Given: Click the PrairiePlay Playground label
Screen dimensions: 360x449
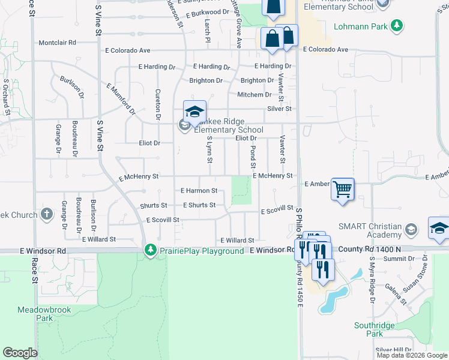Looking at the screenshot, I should (x=201, y=251).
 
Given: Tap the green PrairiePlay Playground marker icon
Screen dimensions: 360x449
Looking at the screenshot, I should (x=150, y=250).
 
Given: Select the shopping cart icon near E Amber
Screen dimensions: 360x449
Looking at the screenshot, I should (x=342, y=190).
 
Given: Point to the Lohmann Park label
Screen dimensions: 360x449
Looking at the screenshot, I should (x=360, y=26).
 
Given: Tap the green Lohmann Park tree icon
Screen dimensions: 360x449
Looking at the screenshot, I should (x=396, y=25).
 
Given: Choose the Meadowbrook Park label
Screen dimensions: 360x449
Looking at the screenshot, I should (x=44, y=313).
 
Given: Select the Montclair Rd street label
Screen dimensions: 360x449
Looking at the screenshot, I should (x=57, y=43).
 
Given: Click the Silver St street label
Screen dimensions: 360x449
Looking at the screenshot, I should (x=279, y=109).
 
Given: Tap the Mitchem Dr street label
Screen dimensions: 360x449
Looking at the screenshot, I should (x=254, y=95).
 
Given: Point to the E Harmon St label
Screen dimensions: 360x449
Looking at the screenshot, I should (x=199, y=191).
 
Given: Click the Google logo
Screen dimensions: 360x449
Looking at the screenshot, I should (x=20, y=353).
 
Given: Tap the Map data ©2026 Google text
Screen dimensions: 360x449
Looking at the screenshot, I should (x=412, y=355).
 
